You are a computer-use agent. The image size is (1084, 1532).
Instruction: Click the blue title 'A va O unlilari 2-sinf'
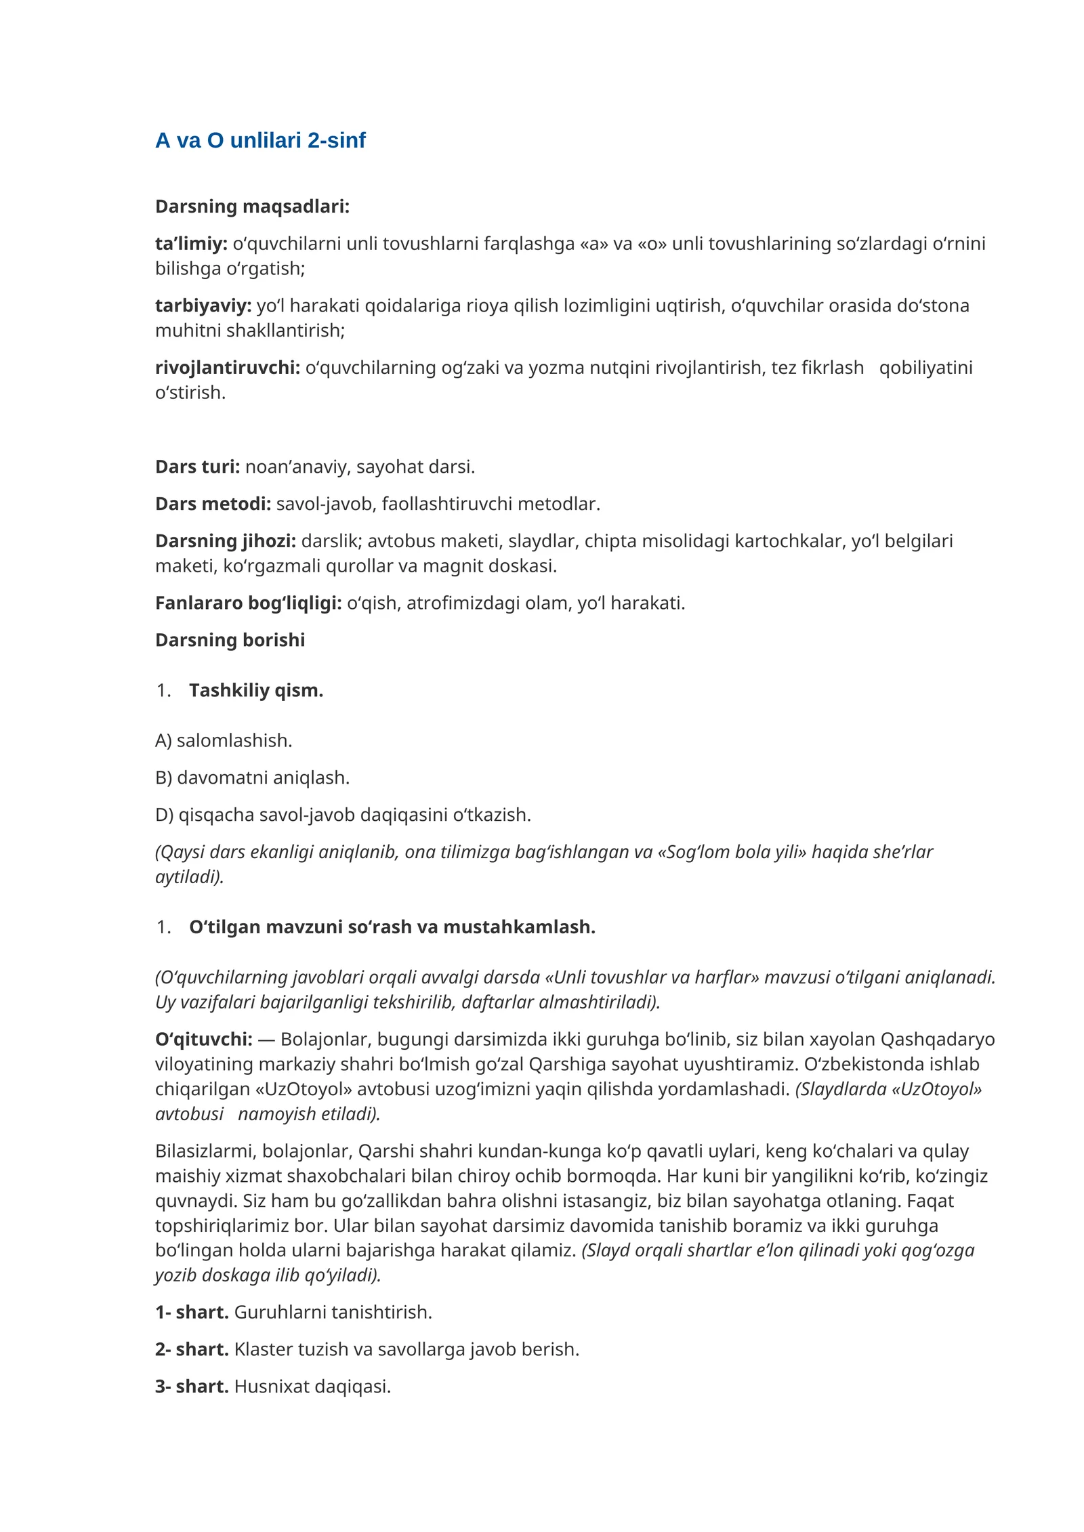click(260, 140)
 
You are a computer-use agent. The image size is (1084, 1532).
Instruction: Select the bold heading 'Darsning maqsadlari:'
click(252, 207)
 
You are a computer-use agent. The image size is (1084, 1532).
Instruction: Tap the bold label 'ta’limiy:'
click(191, 244)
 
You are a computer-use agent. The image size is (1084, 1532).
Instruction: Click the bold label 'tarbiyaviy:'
click(203, 306)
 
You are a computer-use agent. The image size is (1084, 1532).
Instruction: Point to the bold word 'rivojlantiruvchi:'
click(228, 368)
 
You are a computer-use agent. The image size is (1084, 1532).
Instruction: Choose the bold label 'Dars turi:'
click(197, 467)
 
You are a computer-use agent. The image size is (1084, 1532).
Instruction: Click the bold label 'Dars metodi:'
click(213, 504)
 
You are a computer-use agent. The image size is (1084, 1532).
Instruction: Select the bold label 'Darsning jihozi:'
click(226, 541)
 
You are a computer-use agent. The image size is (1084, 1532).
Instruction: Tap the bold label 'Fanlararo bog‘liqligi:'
click(248, 603)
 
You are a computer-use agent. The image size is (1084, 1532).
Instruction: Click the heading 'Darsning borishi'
click(230, 640)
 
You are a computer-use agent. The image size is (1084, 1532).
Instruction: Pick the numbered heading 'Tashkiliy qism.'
click(256, 690)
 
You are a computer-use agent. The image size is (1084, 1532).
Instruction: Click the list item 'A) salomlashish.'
click(224, 740)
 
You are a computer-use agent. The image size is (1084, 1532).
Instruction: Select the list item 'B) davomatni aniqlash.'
click(252, 778)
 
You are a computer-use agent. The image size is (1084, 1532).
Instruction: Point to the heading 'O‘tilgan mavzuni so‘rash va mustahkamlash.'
click(392, 927)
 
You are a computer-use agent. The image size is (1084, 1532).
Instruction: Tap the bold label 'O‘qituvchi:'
click(203, 1039)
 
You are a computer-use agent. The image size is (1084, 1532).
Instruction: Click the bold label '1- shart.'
click(192, 1312)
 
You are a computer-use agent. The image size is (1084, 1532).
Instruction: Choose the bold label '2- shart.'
click(192, 1349)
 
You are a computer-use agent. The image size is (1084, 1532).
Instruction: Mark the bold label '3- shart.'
click(192, 1386)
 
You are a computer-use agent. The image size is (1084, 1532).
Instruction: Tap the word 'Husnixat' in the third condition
click(268, 1386)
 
